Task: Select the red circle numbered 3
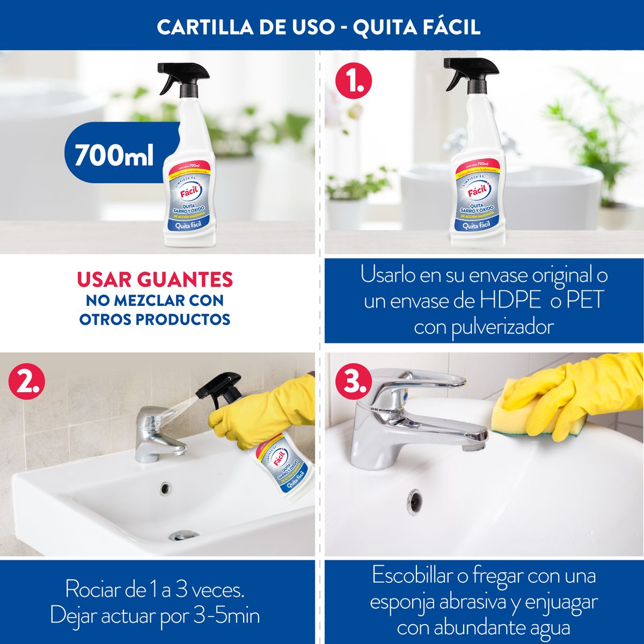click(353, 381)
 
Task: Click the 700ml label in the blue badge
click(114, 156)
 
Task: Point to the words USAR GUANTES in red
click(155, 280)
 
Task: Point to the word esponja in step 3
click(402, 602)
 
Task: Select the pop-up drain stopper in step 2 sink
click(184, 535)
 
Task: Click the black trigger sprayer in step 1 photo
click(470, 72)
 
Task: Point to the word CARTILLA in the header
click(202, 28)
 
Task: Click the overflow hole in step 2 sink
click(165, 488)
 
